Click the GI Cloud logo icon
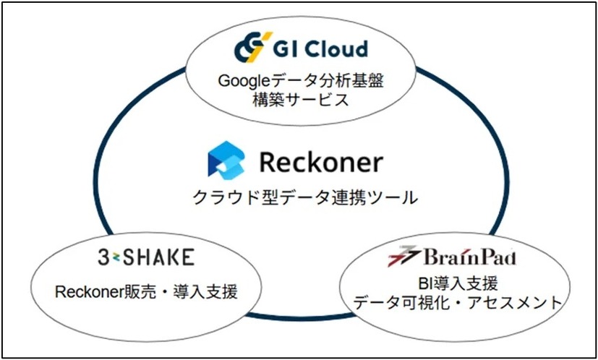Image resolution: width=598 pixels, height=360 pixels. coord(252,47)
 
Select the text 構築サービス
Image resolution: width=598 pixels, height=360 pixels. coord(302,98)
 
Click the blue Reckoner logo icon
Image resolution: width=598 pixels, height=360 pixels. coord(222,160)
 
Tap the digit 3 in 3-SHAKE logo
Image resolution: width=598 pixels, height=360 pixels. coord(103,257)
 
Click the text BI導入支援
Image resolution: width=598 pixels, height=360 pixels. coord(457,283)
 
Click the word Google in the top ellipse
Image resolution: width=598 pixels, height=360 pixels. coord(242,80)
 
